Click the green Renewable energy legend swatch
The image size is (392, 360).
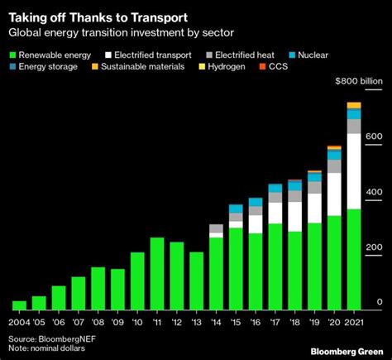click(12, 55)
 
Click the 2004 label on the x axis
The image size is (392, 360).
click(19, 324)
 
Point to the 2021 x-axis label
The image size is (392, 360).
click(354, 324)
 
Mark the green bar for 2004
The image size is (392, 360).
click(20, 305)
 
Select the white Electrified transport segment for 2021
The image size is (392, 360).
click(353, 171)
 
